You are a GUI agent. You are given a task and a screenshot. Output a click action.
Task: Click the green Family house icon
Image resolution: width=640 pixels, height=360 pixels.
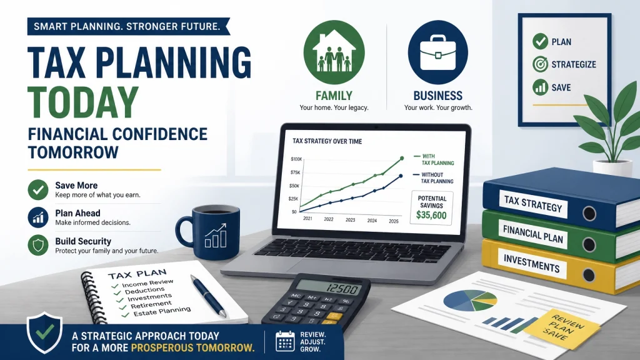334,52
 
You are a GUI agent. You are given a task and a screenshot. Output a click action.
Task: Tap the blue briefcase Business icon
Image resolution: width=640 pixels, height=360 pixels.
438,52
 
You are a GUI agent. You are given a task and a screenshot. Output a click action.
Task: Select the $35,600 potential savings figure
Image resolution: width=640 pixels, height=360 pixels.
431,215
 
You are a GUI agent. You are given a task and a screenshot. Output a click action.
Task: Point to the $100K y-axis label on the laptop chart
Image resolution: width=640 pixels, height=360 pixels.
296,159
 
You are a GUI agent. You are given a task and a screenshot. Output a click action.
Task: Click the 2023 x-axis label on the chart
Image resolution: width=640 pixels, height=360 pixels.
350,219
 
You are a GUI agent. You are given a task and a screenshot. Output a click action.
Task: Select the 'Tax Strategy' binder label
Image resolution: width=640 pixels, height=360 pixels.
533,204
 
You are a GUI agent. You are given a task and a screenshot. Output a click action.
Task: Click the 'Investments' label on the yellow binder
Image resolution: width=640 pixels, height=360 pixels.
531,263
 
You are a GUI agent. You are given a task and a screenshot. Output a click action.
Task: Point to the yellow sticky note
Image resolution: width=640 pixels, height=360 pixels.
562,327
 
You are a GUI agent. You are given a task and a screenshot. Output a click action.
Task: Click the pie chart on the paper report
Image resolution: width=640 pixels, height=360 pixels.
470,301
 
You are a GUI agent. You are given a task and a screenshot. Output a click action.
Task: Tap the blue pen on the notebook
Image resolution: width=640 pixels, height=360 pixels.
208,296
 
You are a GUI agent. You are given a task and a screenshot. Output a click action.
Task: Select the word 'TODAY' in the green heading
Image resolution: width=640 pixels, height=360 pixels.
83,102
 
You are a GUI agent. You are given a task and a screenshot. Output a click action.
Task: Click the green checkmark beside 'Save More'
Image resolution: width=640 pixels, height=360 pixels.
38,190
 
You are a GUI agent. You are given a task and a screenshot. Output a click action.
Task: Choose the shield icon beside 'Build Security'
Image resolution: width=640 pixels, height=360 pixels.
38,245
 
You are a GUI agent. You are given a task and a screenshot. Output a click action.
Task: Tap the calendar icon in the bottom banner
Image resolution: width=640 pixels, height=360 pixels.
285,341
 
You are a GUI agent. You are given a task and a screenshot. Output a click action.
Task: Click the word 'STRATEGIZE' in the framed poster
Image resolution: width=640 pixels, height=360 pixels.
574,64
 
